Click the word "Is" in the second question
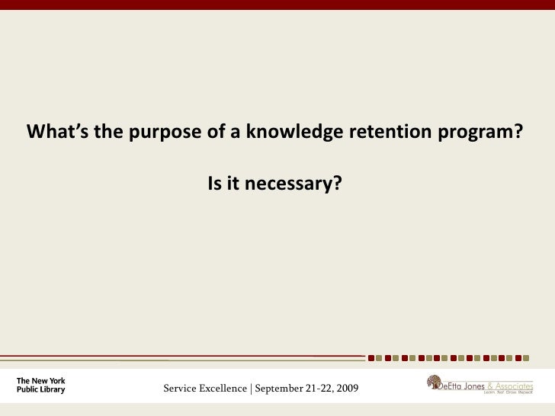(215, 184)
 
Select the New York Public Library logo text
(41, 385)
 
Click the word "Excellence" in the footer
(224, 390)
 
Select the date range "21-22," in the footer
(325, 390)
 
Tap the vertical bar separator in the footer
(251, 390)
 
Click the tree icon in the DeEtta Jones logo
(434, 382)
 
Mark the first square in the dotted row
(371, 357)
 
